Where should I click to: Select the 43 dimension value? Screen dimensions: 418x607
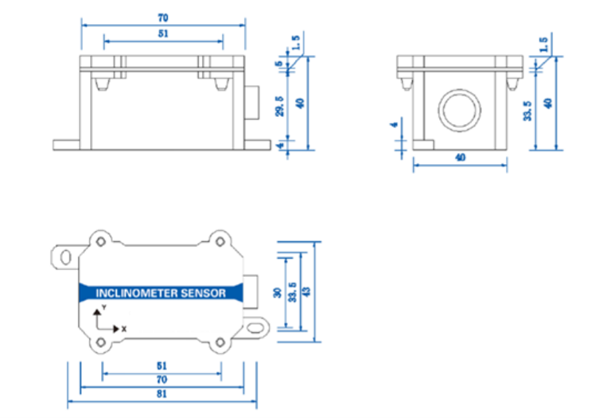(305, 291)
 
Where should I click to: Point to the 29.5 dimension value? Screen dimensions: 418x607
(278, 108)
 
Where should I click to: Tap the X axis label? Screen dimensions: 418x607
(123, 328)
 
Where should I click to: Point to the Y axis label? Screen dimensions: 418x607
(103, 307)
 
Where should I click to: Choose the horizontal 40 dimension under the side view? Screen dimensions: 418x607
(460, 157)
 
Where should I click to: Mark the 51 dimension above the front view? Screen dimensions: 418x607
(163, 33)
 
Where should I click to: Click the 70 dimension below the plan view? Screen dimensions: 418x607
(161, 380)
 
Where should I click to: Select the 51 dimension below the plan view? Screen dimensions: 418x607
(161, 366)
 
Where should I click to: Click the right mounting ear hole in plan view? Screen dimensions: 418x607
(255, 324)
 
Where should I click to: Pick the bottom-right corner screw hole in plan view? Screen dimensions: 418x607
(221, 342)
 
